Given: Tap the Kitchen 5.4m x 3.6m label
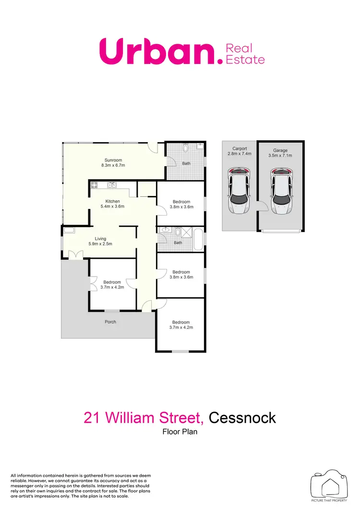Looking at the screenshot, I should click(112, 201).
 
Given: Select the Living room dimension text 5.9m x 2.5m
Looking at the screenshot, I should click(100, 244).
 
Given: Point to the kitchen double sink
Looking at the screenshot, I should click(112, 184).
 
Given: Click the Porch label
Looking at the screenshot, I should click(110, 322).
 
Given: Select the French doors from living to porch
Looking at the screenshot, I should click(75, 255).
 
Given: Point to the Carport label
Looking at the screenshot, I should click(240, 149).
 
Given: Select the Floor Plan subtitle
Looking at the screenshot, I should click(180, 432).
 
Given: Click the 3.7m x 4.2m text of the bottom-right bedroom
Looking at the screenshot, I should click(181, 328).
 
